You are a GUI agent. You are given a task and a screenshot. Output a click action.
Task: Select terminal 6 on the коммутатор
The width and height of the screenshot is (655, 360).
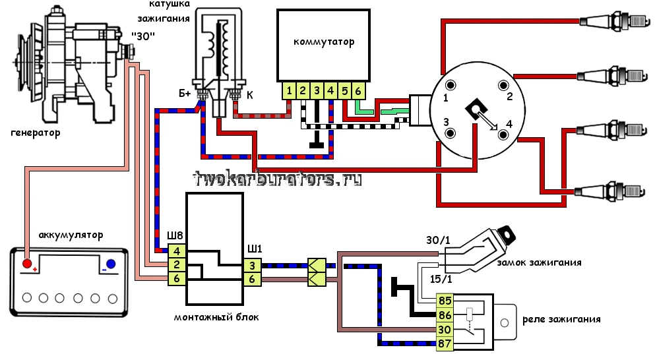click(x=358, y=90)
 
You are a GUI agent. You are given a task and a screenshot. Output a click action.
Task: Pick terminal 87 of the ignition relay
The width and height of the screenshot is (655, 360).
click(x=445, y=343)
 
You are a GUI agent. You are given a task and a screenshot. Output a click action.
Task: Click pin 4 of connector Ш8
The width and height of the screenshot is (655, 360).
click(x=177, y=251)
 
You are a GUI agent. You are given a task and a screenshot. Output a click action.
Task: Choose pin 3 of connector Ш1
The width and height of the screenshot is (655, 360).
click(x=252, y=266)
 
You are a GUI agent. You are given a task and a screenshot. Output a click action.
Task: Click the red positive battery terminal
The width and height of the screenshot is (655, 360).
click(x=28, y=264)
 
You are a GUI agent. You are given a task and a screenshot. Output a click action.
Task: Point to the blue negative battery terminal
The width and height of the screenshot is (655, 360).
click(x=111, y=264)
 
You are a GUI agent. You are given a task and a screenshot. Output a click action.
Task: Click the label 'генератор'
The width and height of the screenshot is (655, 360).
click(x=36, y=133)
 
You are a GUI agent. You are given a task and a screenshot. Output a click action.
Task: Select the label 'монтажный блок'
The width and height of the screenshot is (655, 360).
click(x=216, y=317)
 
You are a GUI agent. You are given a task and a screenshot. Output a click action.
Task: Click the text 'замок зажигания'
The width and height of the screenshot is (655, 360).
click(x=548, y=262)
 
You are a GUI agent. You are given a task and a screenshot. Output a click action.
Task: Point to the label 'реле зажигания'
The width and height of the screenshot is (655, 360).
click(x=561, y=320)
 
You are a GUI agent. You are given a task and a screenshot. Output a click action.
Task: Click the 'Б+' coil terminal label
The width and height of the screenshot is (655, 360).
click(x=185, y=94)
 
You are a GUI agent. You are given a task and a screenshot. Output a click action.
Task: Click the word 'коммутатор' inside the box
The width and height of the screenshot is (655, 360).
click(x=324, y=42)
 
